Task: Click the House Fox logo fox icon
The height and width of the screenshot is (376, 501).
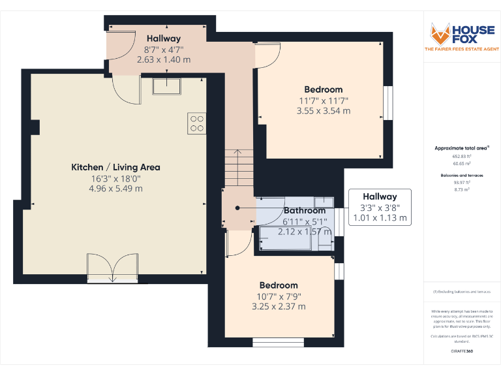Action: (439, 33)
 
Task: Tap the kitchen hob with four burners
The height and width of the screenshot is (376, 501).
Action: (196, 123)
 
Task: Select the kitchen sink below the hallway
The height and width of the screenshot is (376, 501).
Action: (167, 86)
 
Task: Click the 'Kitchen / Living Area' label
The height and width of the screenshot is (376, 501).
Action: (115, 167)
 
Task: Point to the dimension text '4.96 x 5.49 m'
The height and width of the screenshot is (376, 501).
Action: (115, 189)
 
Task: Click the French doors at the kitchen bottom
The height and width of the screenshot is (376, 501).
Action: (112, 268)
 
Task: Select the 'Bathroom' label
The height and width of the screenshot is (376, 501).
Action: (305, 211)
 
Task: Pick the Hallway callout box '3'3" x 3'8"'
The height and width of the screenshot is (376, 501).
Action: (380, 207)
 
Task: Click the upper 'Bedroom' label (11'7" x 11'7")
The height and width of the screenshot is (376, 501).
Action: (323, 89)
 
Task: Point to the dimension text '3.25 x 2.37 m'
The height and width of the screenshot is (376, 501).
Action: (279, 306)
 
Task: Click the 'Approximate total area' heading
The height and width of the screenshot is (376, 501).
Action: (462, 148)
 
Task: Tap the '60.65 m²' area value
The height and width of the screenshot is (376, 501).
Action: (462, 164)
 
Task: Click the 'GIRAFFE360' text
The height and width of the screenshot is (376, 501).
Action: (462, 351)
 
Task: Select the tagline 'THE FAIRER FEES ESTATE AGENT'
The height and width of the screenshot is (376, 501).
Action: (462, 50)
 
